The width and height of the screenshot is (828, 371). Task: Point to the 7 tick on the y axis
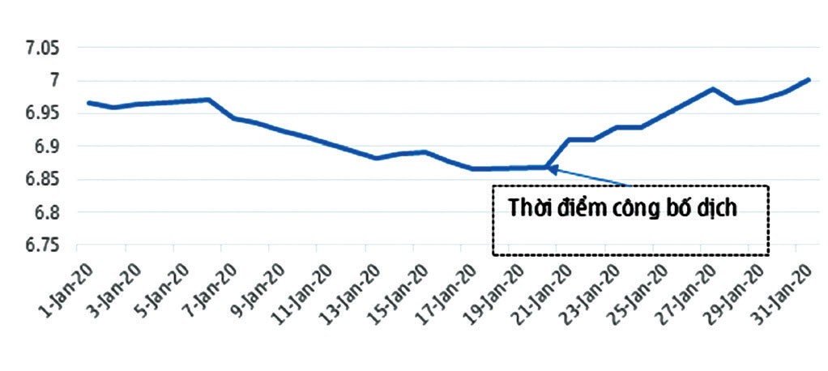(54, 81)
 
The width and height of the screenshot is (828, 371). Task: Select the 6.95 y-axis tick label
(41, 113)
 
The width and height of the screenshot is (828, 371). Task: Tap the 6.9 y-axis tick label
(47, 147)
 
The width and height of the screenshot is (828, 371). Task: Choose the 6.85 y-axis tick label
(41, 179)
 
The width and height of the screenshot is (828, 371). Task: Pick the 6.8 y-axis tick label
(47, 212)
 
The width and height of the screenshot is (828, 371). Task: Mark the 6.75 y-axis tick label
(41, 245)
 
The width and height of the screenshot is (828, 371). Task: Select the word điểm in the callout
(587, 207)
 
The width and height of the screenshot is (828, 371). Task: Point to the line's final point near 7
(808, 79)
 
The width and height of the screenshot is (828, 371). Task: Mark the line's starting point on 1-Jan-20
(87, 103)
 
